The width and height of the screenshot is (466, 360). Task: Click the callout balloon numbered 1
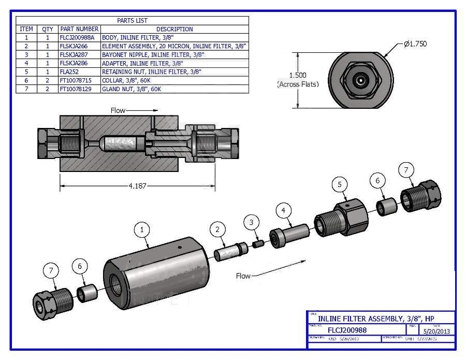click(142, 229)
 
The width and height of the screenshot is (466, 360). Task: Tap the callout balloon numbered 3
click(252, 223)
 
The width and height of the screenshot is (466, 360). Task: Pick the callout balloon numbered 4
click(283, 210)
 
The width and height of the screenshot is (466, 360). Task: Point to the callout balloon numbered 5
click(339, 184)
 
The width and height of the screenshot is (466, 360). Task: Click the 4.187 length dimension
click(137, 185)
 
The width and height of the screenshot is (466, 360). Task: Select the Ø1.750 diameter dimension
click(415, 44)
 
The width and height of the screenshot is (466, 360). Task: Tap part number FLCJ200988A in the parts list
click(78, 38)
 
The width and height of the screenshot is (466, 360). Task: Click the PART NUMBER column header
click(79, 29)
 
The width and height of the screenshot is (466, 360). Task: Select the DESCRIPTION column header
click(174, 29)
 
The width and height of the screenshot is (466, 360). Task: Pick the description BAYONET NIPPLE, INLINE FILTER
click(153, 54)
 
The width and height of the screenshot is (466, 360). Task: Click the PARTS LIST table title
click(132, 21)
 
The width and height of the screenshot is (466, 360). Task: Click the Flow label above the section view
click(118, 110)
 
